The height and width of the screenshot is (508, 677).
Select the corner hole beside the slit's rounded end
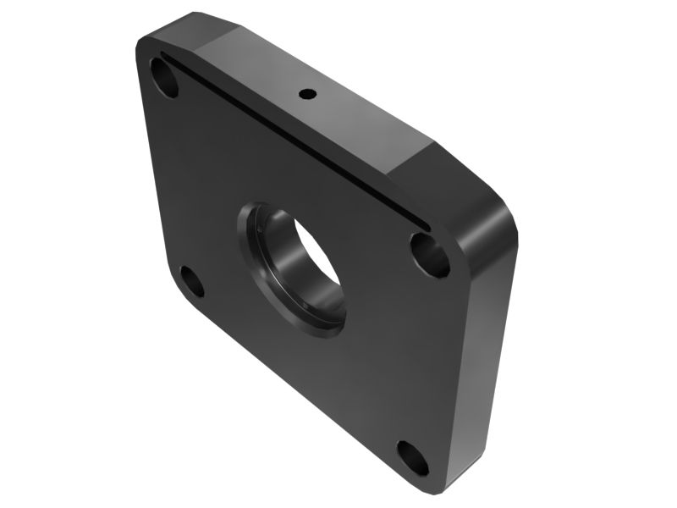coord(431,255)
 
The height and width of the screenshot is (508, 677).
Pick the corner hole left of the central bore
coord(192,281)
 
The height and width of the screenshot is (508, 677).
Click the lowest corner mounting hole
coord(413,457)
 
